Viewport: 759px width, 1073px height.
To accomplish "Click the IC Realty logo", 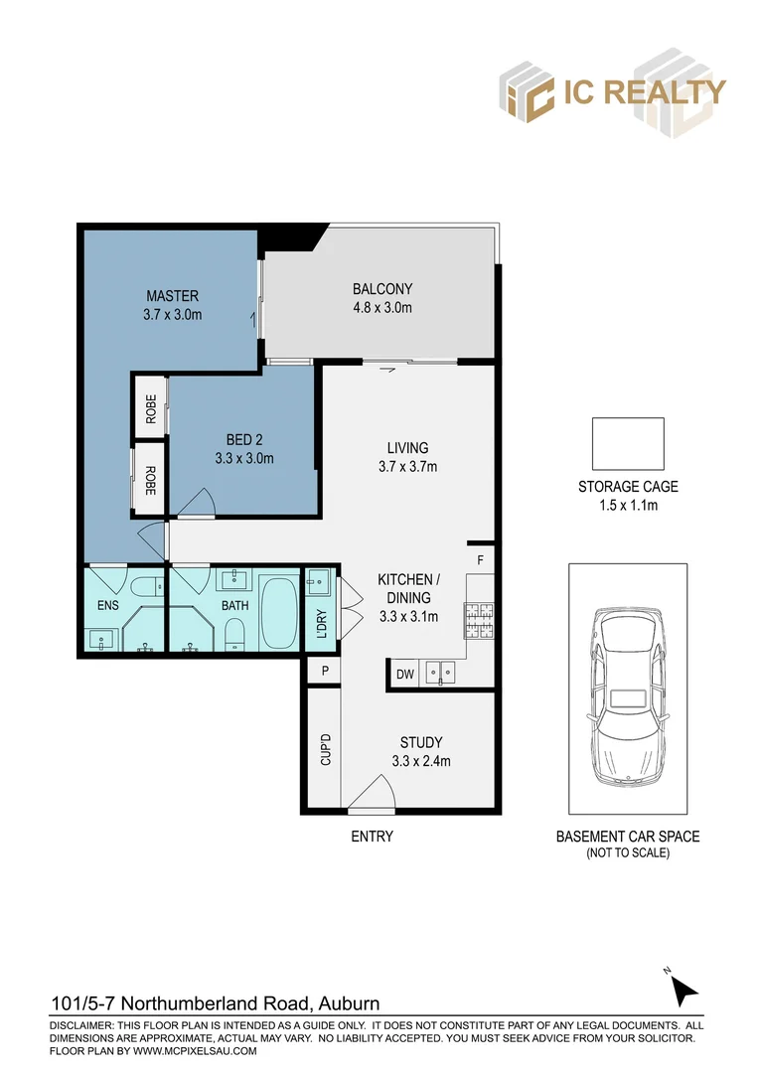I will click(x=612, y=91).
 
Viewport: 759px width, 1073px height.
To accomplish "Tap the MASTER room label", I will click(x=173, y=296).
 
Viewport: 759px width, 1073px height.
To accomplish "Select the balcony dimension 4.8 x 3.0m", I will click(x=382, y=308).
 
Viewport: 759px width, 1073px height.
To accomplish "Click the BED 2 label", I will click(x=244, y=439).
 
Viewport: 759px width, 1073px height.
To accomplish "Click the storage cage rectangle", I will click(x=628, y=443).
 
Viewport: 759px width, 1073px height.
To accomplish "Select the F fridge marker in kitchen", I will click(x=480, y=560).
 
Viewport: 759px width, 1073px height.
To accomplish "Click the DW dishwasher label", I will click(x=404, y=676).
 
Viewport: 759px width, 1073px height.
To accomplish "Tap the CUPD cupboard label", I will click(x=325, y=750).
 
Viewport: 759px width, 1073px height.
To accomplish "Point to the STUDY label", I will click(x=421, y=742).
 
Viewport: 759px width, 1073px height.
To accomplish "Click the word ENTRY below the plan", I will click(x=373, y=837).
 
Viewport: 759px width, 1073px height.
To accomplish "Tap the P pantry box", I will click(x=324, y=673).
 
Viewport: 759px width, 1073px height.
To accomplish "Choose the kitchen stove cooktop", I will click(x=478, y=619).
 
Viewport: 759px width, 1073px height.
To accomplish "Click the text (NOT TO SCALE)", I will click(x=628, y=852).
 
